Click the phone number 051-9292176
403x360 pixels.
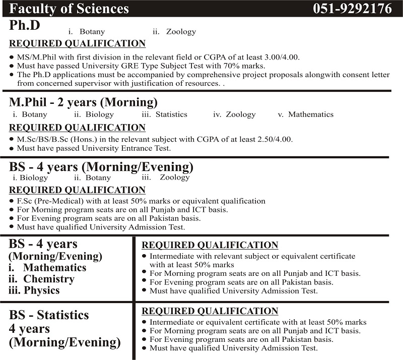352,9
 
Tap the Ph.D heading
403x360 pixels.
25,25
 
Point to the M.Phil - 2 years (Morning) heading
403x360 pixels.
83,102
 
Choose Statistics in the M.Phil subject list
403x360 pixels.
171,114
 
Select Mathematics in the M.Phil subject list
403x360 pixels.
311,114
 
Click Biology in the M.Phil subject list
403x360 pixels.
100,114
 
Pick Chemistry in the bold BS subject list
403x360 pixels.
49,279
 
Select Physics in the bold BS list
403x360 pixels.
42,290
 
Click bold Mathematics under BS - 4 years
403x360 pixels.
54,268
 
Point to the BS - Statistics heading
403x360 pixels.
49,315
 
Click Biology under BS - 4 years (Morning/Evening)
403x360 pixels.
34,177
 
